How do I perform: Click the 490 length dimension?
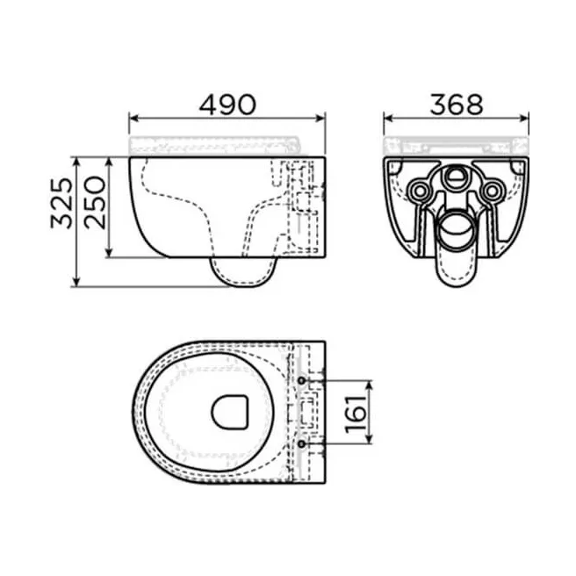coord(227,104)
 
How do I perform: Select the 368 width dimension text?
coord(457,104)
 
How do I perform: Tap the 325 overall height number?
coord(60,205)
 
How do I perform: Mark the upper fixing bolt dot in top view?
coord(303,381)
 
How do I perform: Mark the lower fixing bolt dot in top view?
coord(303,445)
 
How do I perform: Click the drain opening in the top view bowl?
coord(231,411)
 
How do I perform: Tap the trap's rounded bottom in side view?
coord(246,284)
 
